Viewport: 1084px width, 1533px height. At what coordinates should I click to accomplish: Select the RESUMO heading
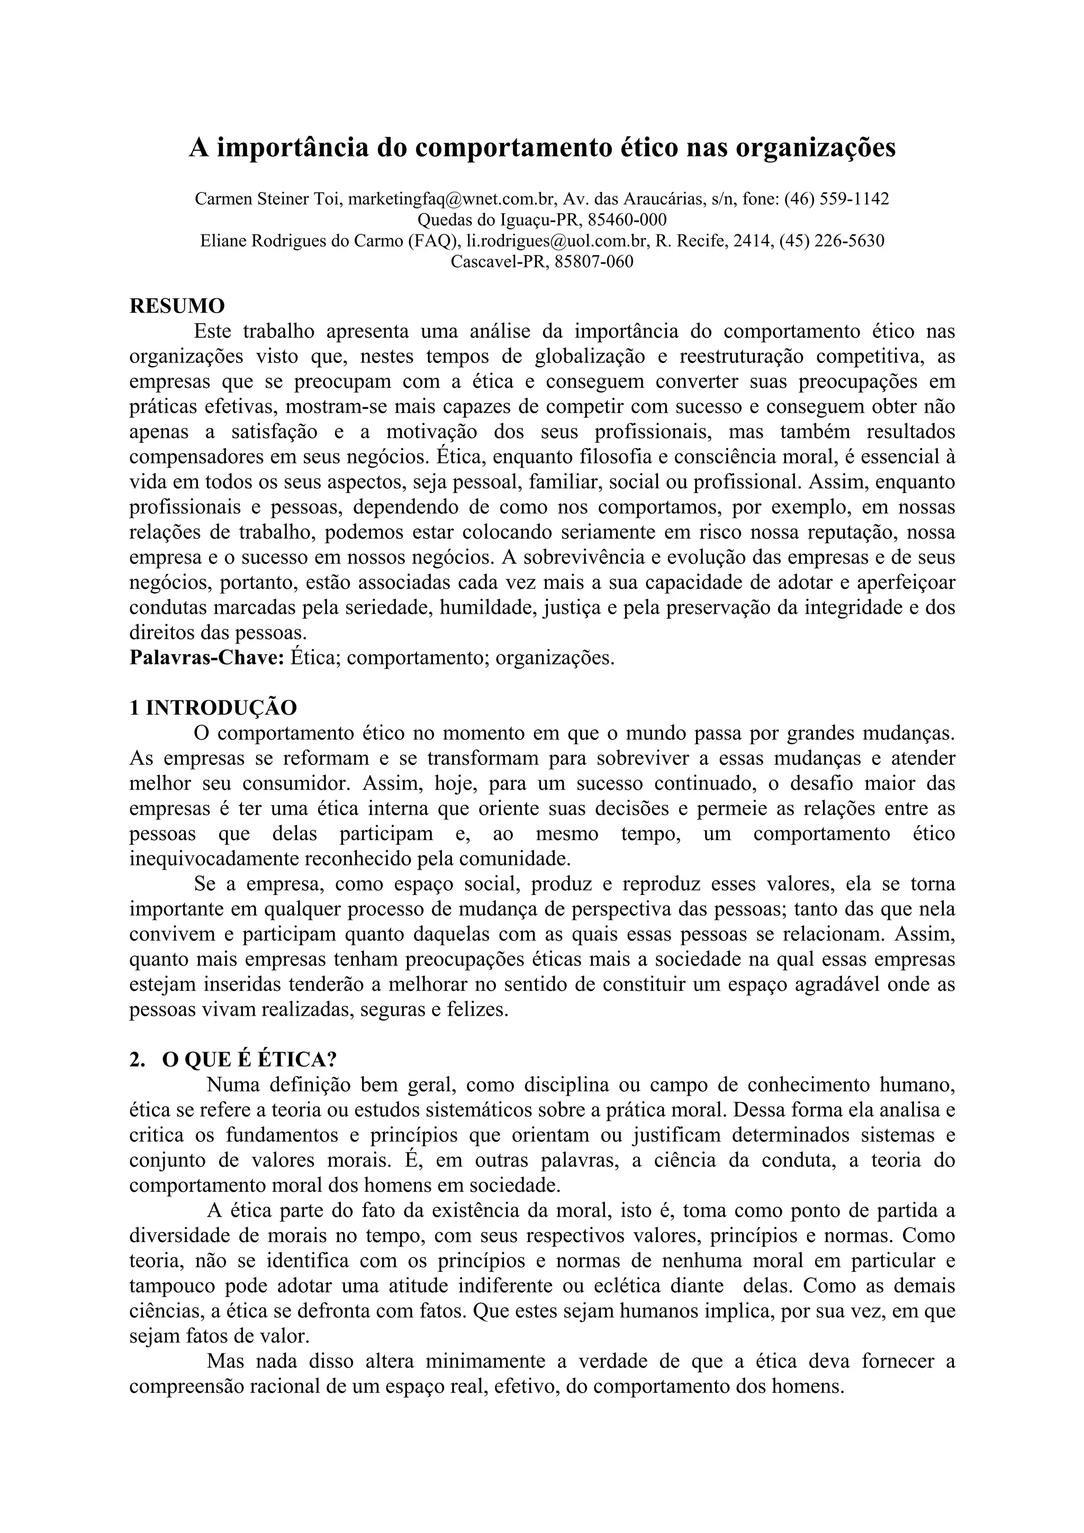pos(177,306)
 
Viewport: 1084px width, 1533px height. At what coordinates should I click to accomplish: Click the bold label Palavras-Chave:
pos(207,658)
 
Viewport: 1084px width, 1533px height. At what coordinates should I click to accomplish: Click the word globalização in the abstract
pos(590,357)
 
